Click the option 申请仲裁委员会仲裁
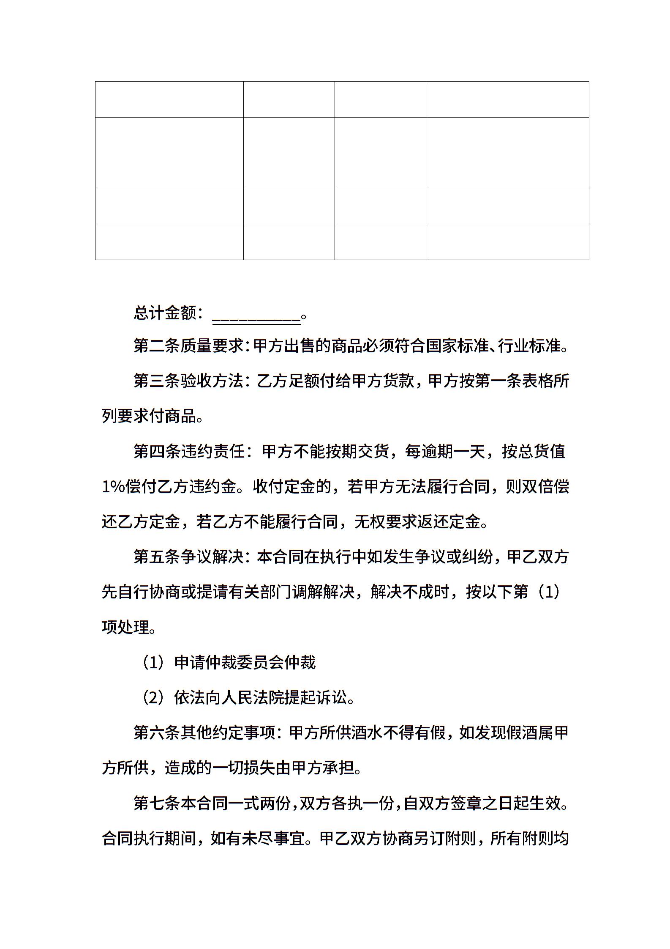point(245,662)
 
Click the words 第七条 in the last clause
point(157,803)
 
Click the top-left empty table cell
point(169,99)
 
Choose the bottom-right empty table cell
point(507,241)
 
